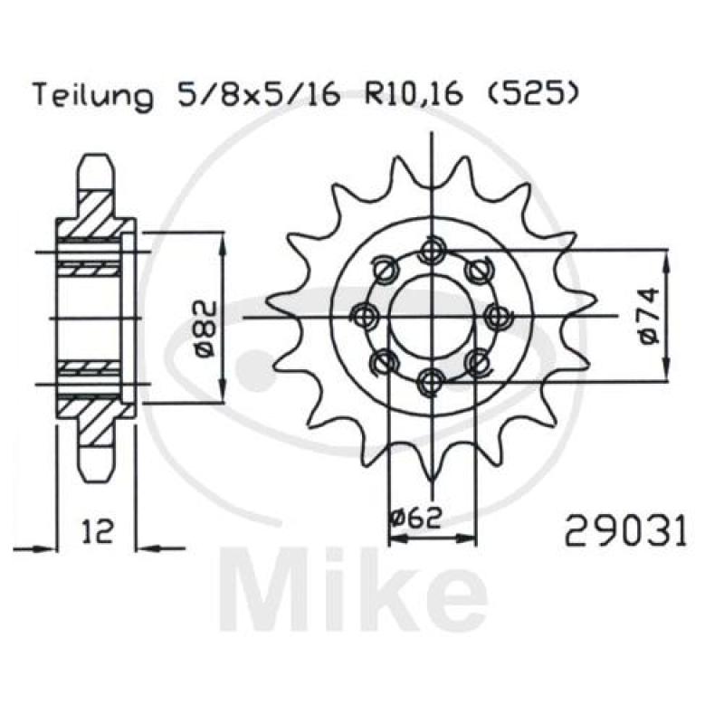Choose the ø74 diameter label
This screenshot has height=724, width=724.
tap(648, 316)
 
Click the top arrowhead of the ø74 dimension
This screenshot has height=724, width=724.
tap(668, 257)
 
